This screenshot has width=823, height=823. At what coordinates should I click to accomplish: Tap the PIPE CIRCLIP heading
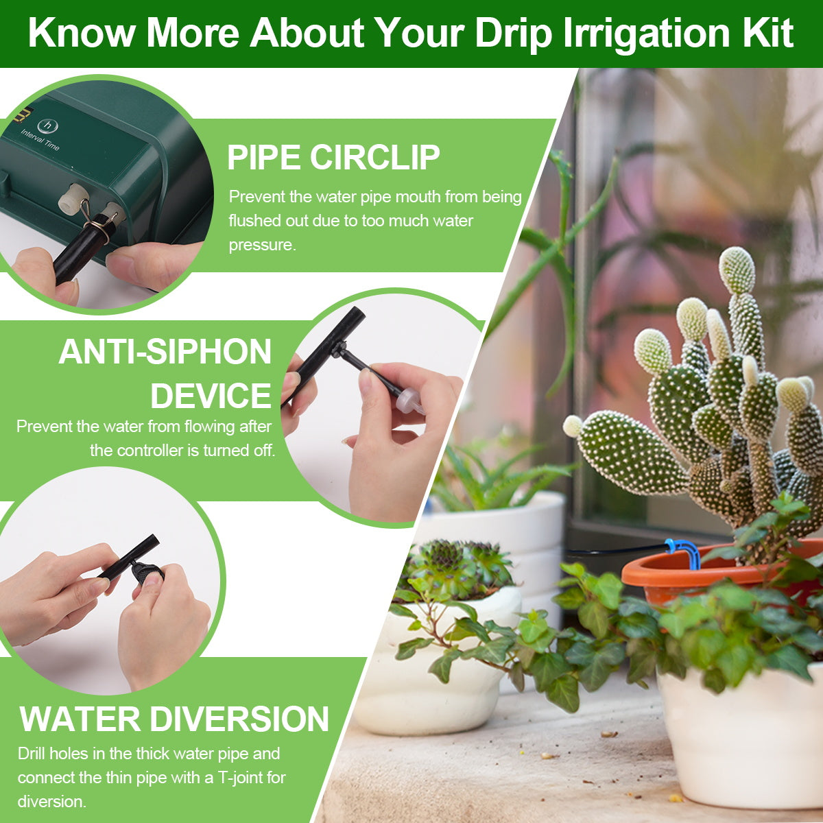coord(333,157)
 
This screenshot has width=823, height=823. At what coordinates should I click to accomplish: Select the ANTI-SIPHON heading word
coord(165,352)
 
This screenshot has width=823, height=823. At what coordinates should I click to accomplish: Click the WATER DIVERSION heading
coord(174,719)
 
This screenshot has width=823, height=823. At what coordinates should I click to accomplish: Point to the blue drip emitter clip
coord(683,550)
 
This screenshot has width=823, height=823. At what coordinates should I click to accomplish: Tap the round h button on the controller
coord(47,126)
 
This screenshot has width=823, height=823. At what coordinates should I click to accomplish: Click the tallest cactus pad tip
coord(737,269)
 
